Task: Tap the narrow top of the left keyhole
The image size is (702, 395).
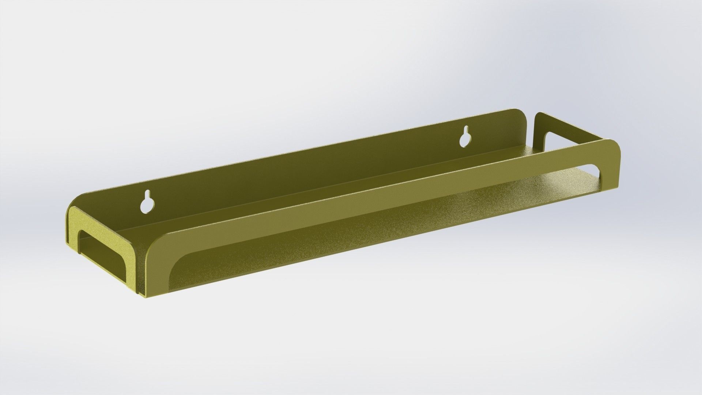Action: tap(148, 193)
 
